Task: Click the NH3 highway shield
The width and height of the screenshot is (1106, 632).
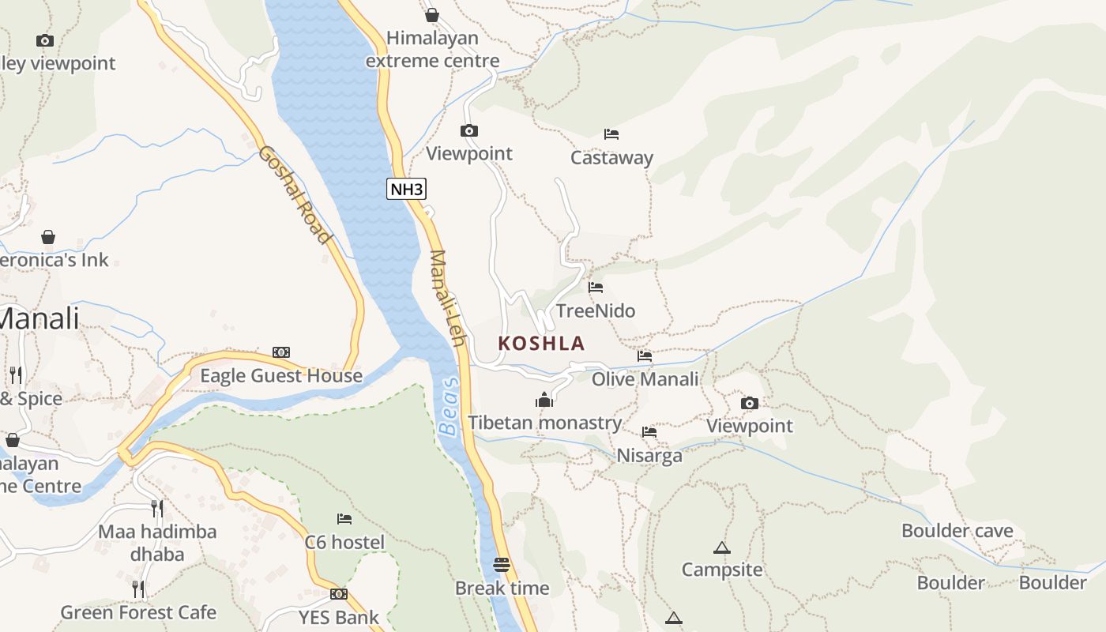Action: point(407,189)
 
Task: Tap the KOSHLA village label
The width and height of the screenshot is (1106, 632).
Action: point(541,344)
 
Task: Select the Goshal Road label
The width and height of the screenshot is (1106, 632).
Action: point(293,194)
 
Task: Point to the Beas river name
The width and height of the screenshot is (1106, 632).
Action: point(449,408)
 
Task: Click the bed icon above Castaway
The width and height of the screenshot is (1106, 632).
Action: point(611,134)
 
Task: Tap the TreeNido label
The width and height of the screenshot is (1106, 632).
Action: point(596,310)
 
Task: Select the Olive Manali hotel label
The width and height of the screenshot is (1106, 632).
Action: point(645,379)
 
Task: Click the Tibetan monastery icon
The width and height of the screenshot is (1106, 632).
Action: point(544,401)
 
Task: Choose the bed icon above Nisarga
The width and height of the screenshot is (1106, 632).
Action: point(649,432)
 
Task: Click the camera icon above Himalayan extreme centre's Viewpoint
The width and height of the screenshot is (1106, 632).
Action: point(469,131)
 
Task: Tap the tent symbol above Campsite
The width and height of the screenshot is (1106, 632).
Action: point(721,547)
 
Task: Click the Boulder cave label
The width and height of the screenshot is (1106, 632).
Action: point(957,531)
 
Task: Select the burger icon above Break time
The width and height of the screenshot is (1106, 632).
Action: point(502,565)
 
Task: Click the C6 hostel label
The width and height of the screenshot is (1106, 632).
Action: point(344,542)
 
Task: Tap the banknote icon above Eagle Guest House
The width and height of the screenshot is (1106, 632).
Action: point(281,352)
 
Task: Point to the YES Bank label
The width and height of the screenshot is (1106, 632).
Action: point(338,617)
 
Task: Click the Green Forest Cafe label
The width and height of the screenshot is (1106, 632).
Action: point(138,612)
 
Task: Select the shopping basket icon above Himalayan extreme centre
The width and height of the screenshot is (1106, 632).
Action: point(432,15)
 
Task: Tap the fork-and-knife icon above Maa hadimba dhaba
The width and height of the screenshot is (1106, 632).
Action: point(157,508)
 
